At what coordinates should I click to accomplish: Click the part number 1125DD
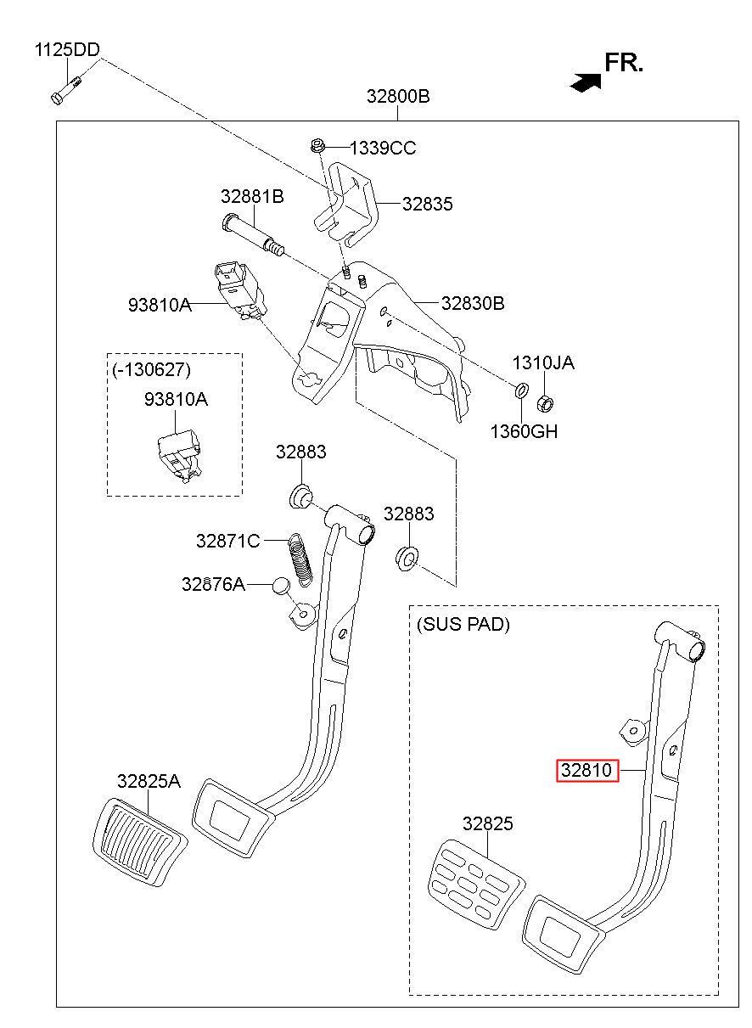pyautogui.click(x=67, y=49)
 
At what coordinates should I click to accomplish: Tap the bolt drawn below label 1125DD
pyautogui.click(x=65, y=91)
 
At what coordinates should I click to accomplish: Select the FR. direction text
pyautogui.click(x=624, y=62)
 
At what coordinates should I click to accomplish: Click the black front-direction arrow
pyautogui.click(x=586, y=82)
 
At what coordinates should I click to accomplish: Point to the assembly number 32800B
pyautogui.click(x=398, y=97)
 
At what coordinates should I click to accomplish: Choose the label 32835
pyautogui.click(x=427, y=204)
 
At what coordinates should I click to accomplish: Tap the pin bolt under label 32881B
pyautogui.click(x=252, y=235)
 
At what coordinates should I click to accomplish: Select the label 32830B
pyautogui.click(x=473, y=303)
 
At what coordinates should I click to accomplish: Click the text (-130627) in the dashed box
pyautogui.click(x=151, y=369)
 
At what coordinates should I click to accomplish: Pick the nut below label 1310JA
pyautogui.click(x=545, y=403)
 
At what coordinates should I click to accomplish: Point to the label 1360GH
pyautogui.click(x=524, y=431)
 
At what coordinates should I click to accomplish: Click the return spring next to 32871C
pyautogui.click(x=300, y=559)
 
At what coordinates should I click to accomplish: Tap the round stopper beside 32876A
pyautogui.click(x=281, y=585)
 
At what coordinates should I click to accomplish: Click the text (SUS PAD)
pyautogui.click(x=463, y=624)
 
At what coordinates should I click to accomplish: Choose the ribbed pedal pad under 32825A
pyautogui.click(x=140, y=843)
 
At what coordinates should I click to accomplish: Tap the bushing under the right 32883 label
pyautogui.click(x=407, y=558)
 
